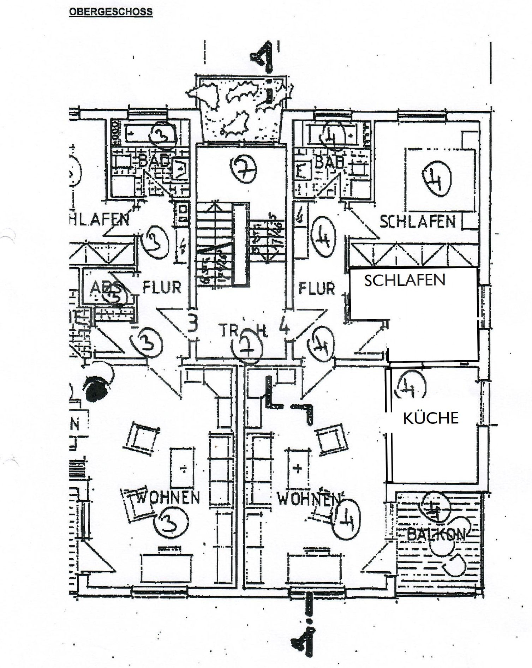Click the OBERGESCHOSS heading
(110, 12)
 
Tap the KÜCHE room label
(431, 418)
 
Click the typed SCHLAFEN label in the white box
(405, 281)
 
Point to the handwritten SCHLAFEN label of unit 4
(417, 221)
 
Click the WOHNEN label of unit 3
(168, 498)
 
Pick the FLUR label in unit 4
(317, 288)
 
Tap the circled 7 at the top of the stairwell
(243, 169)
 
